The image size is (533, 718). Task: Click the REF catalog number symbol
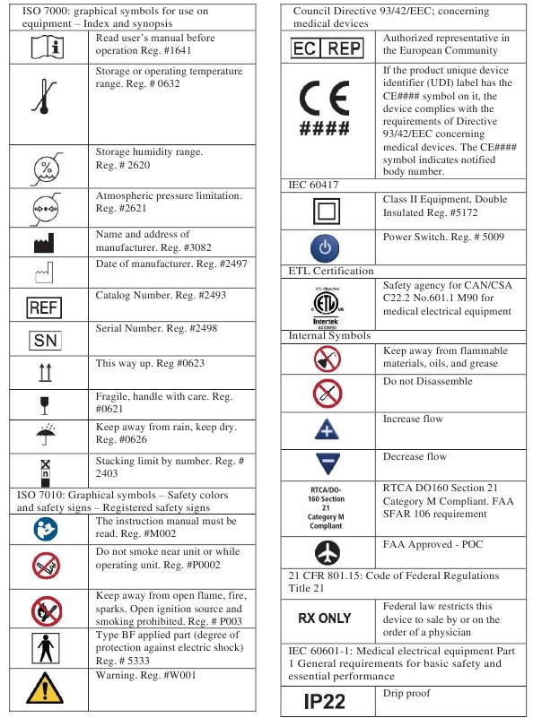pyautogui.click(x=44, y=307)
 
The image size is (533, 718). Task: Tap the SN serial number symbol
pyautogui.click(x=44, y=341)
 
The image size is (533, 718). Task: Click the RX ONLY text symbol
pyautogui.click(x=325, y=618)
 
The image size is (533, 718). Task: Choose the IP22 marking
pyautogui.click(x=325, y=700)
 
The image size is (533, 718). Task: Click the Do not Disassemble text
pyautogui.click(x=427, y=382)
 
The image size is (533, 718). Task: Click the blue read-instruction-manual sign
pyautogui.click(x=44, y=530)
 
